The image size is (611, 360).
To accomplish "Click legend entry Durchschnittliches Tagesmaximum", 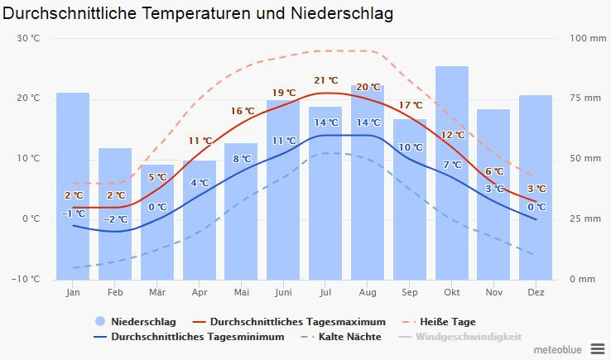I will click(297, 321).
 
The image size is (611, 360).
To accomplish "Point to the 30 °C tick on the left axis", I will click(28, 38).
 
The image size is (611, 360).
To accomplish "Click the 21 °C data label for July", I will click(326, 80).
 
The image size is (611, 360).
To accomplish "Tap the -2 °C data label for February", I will click(116, 219).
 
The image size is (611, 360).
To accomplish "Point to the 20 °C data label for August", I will click(368, 87).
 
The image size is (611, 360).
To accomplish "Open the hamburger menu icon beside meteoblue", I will click(598, 348).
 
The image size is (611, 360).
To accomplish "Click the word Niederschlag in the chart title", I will click(342, 14).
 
